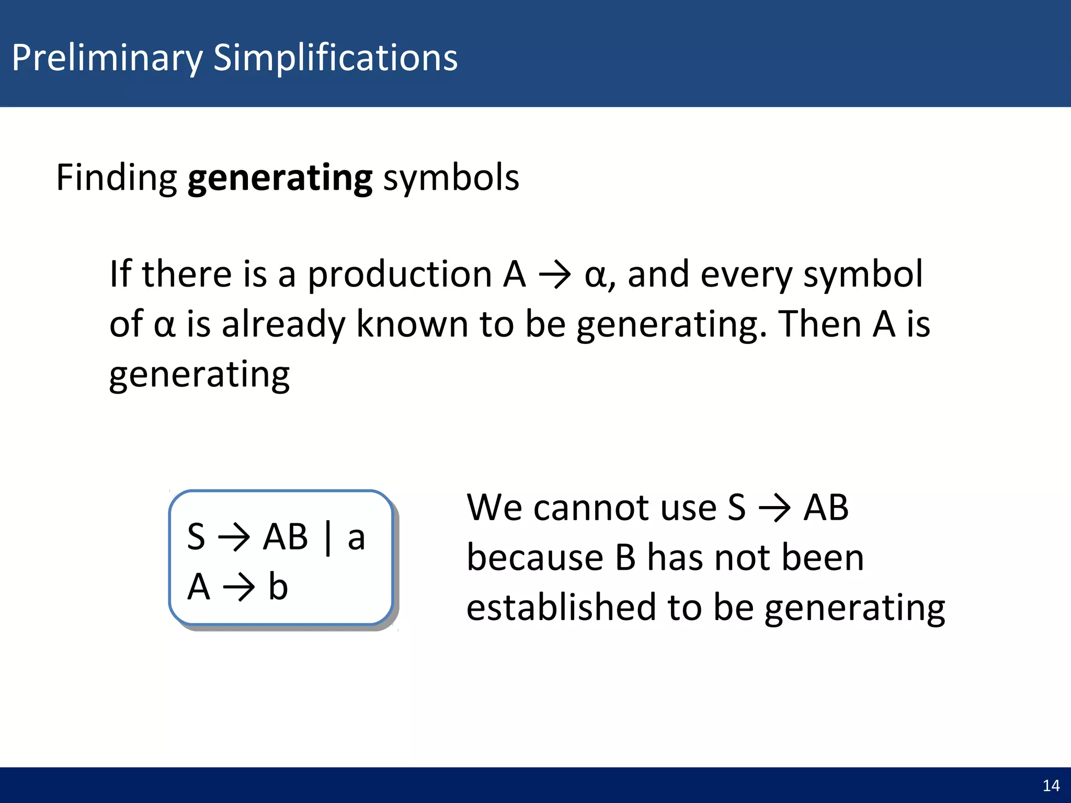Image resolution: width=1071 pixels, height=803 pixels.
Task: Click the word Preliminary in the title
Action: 107,58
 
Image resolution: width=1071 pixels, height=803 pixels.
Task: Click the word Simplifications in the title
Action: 335,58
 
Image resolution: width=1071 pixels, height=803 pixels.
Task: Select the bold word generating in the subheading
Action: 280,178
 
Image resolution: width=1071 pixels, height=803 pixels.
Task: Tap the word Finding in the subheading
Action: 116,178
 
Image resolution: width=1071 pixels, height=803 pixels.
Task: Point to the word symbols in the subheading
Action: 451,178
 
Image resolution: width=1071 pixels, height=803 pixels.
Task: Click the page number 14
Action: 1051,786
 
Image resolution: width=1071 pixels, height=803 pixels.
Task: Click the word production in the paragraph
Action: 400,274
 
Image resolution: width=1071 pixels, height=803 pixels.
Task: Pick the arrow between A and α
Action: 555,274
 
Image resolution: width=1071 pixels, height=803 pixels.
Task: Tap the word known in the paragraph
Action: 412,324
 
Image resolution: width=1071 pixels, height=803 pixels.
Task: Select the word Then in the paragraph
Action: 819,324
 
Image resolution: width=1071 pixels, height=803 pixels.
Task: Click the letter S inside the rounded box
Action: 196,537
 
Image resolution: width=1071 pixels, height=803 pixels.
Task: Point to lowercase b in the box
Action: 278,586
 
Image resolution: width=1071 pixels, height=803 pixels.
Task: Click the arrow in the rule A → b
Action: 239,587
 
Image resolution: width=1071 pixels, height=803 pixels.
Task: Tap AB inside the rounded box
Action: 286,537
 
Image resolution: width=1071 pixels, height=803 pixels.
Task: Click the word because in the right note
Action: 534,557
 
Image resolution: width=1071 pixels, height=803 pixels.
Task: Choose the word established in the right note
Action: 561,607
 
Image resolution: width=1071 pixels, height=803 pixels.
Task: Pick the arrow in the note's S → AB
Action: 774,508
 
